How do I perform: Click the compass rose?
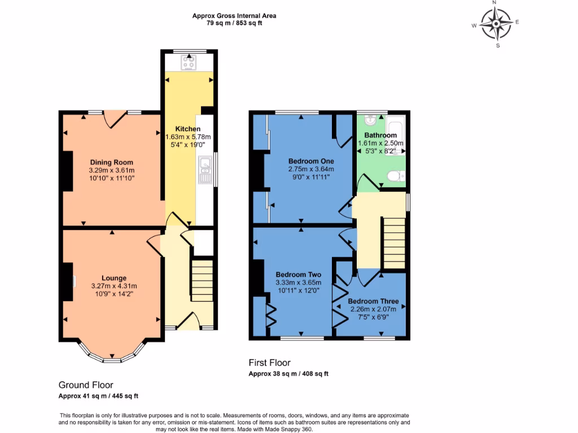click(497, 24)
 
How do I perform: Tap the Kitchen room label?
click(187, 129)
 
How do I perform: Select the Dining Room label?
click(111, 162)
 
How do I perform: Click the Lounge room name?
click(113, 278)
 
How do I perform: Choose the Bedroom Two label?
click(298, 275)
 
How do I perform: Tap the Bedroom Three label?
click(373, 301)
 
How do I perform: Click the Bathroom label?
click(380, 135)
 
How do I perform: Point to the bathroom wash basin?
click(370, 120)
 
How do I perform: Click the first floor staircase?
click(394, 244)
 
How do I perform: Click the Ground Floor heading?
click(86, 385)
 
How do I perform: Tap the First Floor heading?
click(270, 363)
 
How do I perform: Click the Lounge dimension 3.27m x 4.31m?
click(113, 286)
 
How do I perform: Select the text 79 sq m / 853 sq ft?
click(234, 23)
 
